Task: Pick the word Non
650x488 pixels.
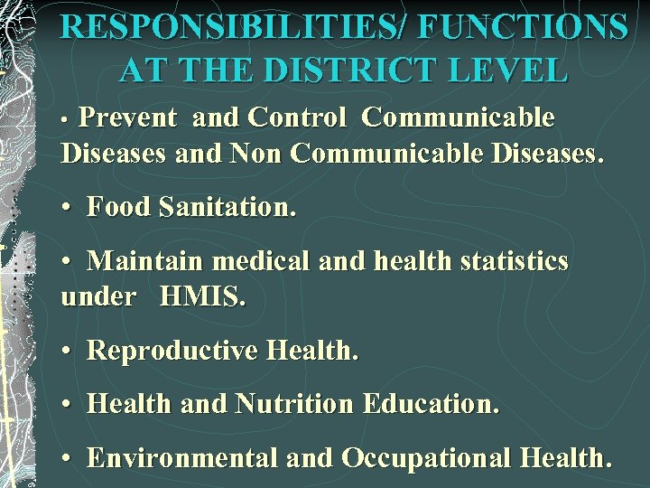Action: [255, 153]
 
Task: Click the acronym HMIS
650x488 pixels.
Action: [202, 296]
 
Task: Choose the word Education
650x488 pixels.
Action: [430, 404]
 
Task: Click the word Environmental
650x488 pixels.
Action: [182, 458]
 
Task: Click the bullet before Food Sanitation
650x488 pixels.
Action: [68, 208]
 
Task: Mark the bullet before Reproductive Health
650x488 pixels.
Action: [68, 352]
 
